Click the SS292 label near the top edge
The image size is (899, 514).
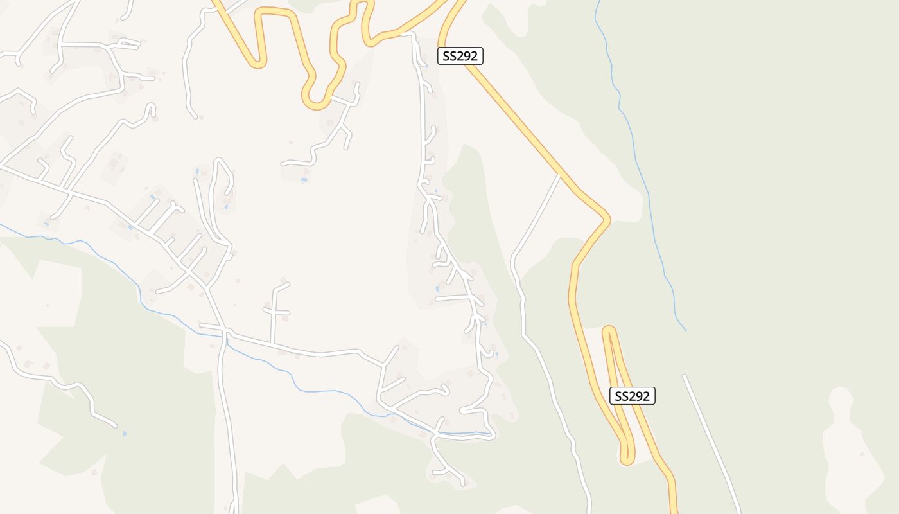coord(460,56)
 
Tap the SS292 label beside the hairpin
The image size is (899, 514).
coord(633,396)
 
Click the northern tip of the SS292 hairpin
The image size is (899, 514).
coord(609,330)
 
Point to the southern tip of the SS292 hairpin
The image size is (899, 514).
coord(627,460)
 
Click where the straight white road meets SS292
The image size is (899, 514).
coord(559,175)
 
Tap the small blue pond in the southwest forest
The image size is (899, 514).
coord(124,434)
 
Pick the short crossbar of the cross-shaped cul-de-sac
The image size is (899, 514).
coord(277,312)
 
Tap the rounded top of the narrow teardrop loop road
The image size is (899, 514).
coord(220,160)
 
